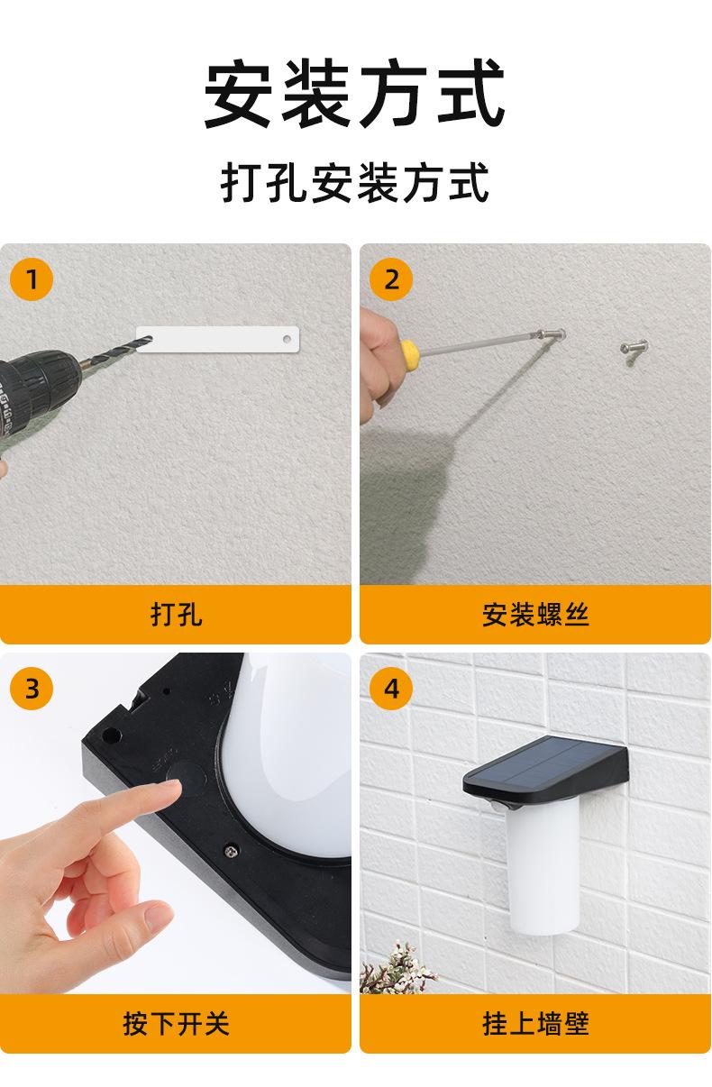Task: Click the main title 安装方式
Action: (x=354, y=93)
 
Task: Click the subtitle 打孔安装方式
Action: (x=355, y=182)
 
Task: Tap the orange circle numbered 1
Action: (x=32, y=279)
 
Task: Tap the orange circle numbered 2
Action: (x=391, y=279)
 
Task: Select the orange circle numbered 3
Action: (x=32, y=688)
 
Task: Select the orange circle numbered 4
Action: (x=391, y=688)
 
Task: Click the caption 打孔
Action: (x=176, y=615)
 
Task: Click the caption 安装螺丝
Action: (x=535, y=615)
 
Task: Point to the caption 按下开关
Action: (x=176, y=1024)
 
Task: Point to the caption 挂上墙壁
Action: (x=535, y=1024)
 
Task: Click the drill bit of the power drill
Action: (x=115, y=352)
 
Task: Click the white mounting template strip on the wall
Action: (x=217, y=339)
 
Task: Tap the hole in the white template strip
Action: (x=287, y=339)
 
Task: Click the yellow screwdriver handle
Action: (x=410, y=349)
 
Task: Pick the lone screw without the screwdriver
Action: (x=634, y=348)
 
